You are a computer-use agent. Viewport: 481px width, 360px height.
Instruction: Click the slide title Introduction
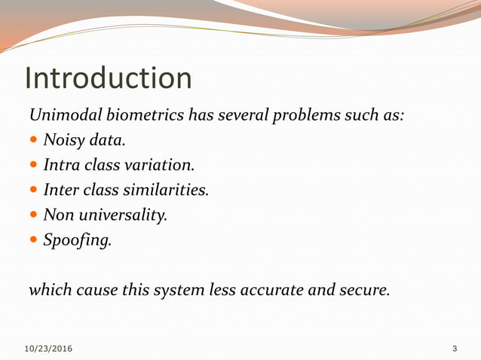[109, 78]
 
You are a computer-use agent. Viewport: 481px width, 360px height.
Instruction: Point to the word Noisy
[63, 140]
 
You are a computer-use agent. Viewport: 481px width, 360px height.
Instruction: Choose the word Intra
[61, 164]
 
